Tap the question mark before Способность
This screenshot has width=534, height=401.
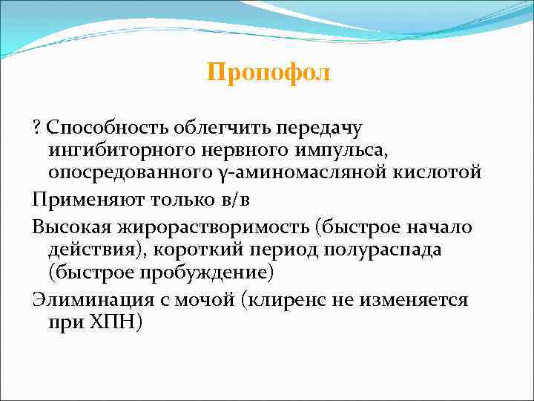[x=36, y=128]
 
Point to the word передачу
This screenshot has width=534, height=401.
[x=315, y=128]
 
